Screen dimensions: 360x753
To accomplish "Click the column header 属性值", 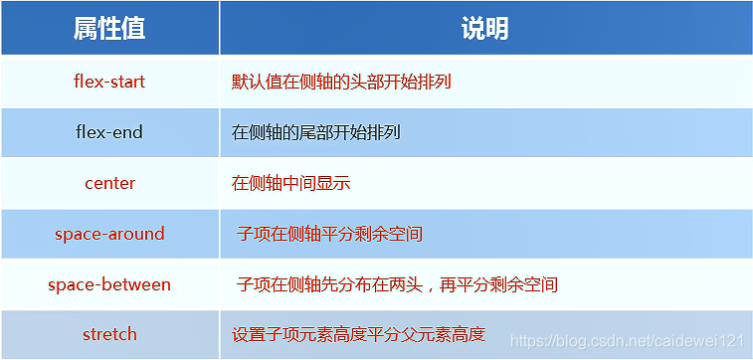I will pos(109,29).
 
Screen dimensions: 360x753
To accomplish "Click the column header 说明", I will pos(484,29).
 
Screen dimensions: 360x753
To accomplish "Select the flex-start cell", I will pos(109,82).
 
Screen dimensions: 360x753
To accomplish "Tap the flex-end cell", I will pos(109,132).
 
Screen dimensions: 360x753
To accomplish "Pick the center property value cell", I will pos(109,183).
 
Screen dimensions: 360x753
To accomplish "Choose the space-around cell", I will pos(109,234).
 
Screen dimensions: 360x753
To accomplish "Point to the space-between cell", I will pos(109,284).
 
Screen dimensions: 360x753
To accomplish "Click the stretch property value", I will pos(109,334).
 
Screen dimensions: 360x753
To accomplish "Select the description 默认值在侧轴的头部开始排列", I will pos(341,82).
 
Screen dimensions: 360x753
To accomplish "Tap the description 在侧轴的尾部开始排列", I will pos(316,132).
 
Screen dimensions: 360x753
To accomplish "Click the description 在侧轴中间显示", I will pos(290,183).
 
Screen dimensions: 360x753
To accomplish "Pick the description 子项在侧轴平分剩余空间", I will pos(329,235).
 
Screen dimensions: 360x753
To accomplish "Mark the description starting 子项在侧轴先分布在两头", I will pos(397,285).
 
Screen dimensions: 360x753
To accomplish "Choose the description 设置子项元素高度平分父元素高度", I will pos(358,334).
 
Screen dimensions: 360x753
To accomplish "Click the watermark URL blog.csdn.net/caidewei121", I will pos(627,340).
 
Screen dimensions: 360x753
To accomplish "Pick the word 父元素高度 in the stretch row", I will pos(443,334).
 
